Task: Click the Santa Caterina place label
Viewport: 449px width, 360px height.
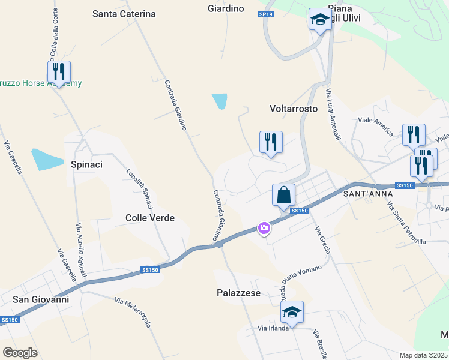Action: coord(124,14)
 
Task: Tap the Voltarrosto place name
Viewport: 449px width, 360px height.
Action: coord(294,109)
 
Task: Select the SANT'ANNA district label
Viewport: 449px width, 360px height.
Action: coord(367,194)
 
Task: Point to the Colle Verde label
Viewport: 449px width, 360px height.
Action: coord(150,218)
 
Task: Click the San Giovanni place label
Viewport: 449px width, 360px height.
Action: coord(41,299)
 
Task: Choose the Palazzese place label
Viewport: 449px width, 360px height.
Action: coord(238,293)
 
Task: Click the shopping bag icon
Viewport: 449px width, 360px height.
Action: coord(283,195)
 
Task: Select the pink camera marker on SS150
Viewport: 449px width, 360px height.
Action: coord(264,228)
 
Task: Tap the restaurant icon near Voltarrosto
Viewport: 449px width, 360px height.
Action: coord(270,142)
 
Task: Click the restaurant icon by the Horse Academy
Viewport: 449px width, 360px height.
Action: coord(59,72)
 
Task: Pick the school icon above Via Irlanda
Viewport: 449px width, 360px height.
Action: coord(292,312)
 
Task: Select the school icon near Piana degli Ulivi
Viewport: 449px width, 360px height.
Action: coord(320,20)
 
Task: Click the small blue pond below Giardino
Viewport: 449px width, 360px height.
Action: coord(220,101)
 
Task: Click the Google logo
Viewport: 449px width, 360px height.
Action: coord(20,352)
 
